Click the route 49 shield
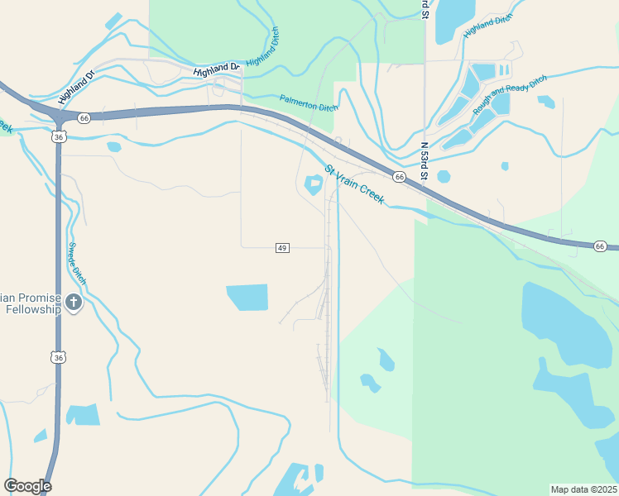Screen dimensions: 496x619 pyautogui.click(x=282, y=248)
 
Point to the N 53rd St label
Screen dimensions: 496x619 pyautogui.click(x=425, y=160)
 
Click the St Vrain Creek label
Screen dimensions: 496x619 pyautogui.click(x=354, y=186)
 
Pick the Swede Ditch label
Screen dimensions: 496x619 pyautogui.click(x=76, y=264)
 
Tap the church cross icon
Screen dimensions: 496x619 pyautogui.click(x=74, y=303)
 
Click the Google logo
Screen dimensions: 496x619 pyautogui.click(x=27, y=486)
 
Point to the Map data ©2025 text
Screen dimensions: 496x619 pyautogui.click(x=583, y=489)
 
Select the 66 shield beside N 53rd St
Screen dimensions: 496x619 pyautogui.click(x=399, y=177)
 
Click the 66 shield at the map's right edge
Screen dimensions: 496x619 pyautogui.click(x=600, y=246)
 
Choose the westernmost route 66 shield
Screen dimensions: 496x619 pyautogui.click(x=84, y=118)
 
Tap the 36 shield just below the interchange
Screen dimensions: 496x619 pyautogui.click(x=57, y=137)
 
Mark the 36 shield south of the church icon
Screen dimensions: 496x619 pyautogui.click(x=57, y=357)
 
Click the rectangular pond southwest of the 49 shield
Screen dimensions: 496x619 pyautogui.click(x=247, y=297)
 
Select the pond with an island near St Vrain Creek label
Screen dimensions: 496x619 pyautogui.click(x=314, y=184)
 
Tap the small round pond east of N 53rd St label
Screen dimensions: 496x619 pyautogui.click(x=444, y=176)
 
